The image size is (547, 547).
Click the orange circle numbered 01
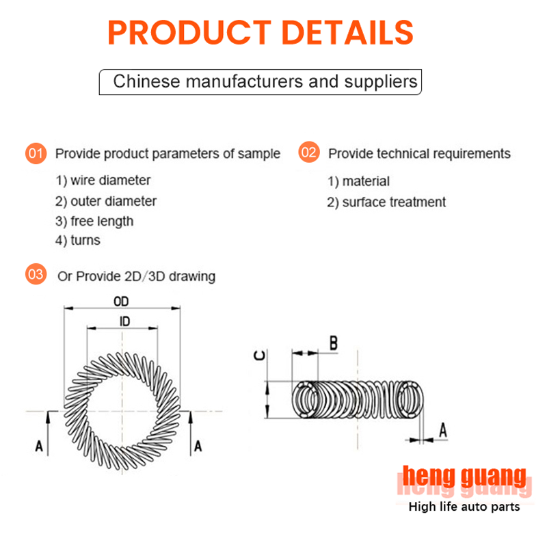(36, 153)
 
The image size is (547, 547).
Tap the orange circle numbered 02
(309, 152)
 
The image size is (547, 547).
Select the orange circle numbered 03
(36, 274)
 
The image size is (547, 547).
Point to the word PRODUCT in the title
(189, 32)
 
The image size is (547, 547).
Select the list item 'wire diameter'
(103, 181)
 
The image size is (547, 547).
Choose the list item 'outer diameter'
(106, 201)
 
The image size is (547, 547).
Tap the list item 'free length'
(94, 222)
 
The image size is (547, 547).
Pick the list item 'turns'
(78, 241)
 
